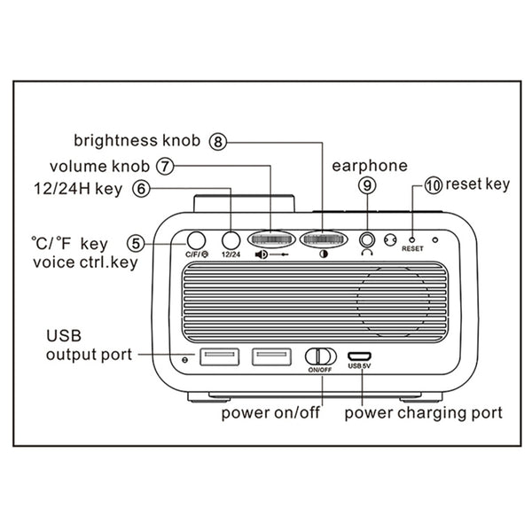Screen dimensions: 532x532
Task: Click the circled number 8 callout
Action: coord(219,140)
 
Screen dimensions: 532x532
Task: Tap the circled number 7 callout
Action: coord(164,165)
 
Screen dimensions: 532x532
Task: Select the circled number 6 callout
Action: coord(140,188)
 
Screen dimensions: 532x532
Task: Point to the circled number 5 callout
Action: coord(135,241)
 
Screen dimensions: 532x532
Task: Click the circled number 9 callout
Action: coord(366,185)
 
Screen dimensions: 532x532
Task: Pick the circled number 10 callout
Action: coord(433,185)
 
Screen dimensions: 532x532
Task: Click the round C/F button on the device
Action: coord(195,239)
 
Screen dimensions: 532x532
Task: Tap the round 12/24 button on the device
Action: coord(231,239)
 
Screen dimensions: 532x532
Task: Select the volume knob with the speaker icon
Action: coord(272,239)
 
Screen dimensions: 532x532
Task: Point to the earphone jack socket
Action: coord(367,239)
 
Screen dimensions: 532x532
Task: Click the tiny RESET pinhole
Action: coord(412,239)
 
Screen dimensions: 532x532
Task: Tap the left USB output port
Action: coord(219,356)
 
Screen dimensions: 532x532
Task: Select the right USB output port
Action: coord(272,356)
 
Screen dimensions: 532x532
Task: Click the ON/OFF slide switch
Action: coord(319,356)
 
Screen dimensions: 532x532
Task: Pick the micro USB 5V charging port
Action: coord(360,355)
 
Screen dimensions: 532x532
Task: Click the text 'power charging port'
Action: coord(423,412)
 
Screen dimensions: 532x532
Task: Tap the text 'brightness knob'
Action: coord(138,140)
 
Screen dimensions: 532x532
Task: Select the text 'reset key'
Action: coord(478,184)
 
